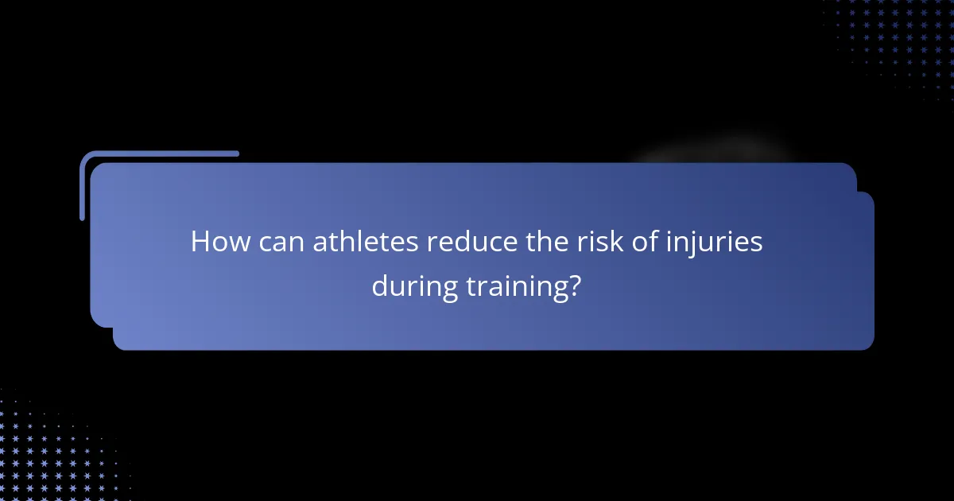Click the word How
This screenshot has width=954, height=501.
[x=216, y=243]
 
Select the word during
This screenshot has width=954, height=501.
[x=414, y=287]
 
